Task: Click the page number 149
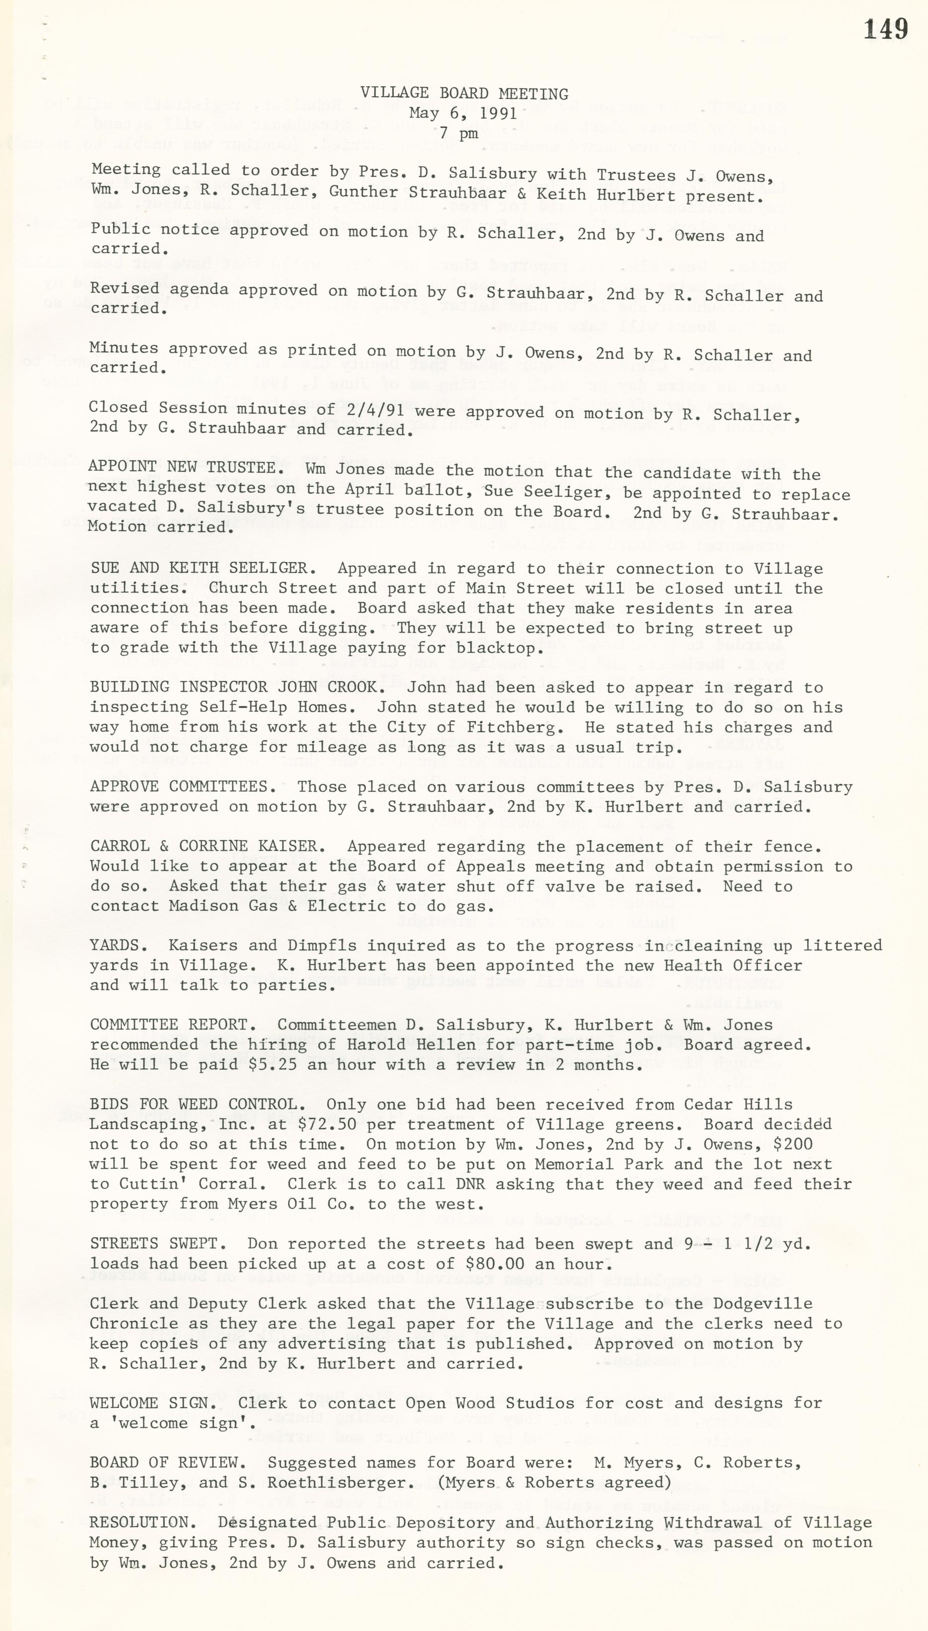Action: pyautogui.click(x=885, y=30)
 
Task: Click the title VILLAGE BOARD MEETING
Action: pyautogui.click(x=464, y=94)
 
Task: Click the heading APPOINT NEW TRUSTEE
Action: pyautogui.click(x=182, y=467)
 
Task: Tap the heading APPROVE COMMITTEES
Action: pyautogui.click(x=179, y=787)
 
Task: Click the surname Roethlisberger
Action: pyautogui.click(x=326, y=1483)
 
